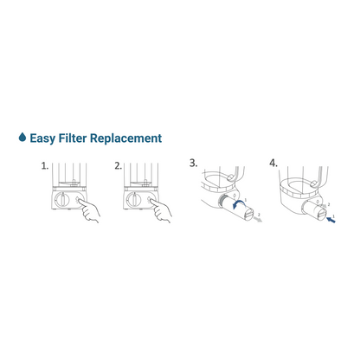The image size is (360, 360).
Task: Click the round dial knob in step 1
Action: [x=61, y=200]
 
